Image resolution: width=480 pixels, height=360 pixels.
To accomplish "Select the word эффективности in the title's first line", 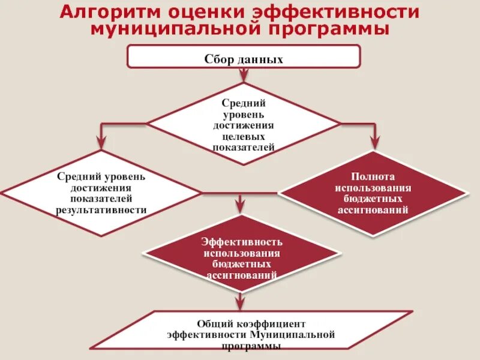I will pos(336,12).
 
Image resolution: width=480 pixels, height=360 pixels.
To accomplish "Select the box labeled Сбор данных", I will pos(244,58).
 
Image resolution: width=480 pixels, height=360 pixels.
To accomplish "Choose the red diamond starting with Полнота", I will pos(373,193).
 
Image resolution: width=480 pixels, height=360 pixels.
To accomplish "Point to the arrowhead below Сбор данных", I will pos(244,74).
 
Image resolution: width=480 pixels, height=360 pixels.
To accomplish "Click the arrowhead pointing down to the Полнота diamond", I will pos(374,142).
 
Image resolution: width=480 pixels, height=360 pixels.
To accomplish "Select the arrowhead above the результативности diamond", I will pos(101,142).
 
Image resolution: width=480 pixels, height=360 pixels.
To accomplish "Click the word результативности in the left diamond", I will pos(101,211).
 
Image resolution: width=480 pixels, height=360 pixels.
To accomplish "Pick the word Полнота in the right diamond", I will pos(373,178).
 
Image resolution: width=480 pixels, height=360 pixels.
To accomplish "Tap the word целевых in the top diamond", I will pos(244,136).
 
